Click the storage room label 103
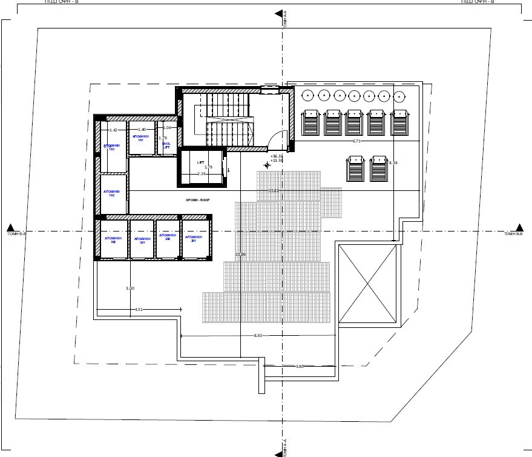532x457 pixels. (x=112, y=147)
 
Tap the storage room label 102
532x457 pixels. (x=112, y=193)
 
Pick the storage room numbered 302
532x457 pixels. (x=112, y=239)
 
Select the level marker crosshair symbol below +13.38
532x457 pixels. (x=267, y=165)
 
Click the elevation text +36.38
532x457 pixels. (x=277, y=156)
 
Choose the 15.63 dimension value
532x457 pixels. (x=274, y=191)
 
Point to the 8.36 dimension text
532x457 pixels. (x=393, y=162)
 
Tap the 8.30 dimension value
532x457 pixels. (x=257, y=335)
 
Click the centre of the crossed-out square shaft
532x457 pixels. (x=368, y=285)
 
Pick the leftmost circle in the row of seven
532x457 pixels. (x=308, y=95)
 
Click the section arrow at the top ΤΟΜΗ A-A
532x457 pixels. (x=278, y=13)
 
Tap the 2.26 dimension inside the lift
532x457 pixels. (x=202, y=174)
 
